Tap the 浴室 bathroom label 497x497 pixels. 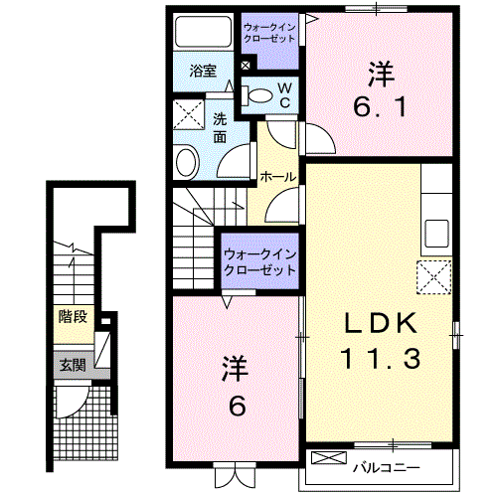[x=203, y=71]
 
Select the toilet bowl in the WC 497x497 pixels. [x=259, y=95]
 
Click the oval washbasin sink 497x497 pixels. [x=186, y=161]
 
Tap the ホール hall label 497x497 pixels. [x=276, y=176]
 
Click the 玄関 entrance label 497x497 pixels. [x=72, y=365]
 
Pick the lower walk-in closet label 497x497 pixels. [x=261, y=262]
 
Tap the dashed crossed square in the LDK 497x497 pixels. [x=434, y=277]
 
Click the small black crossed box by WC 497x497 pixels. [x=246, y=67]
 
